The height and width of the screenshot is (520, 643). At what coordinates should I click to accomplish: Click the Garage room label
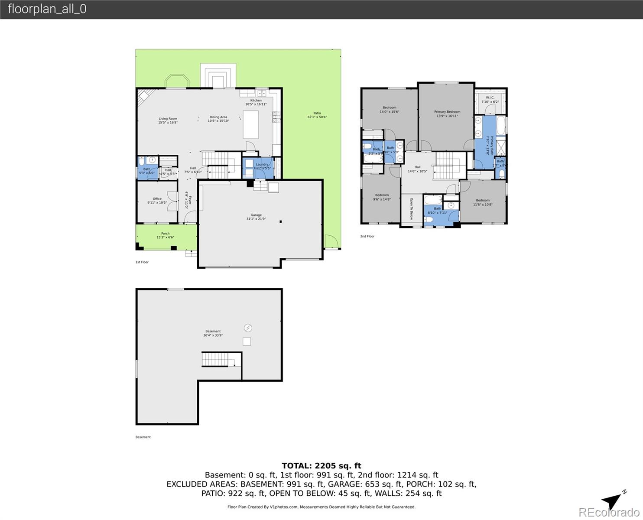(x=256, y=217)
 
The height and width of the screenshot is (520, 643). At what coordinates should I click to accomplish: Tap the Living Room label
(x=168, y=120)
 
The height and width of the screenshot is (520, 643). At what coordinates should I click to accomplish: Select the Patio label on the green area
(x=317, y=115)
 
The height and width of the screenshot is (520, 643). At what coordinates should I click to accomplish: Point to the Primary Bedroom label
(x=447, y=114)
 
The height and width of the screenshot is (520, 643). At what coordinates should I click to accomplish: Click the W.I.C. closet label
(x=490, y=99)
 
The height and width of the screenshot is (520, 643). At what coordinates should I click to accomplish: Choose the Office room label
(x=157, y=201)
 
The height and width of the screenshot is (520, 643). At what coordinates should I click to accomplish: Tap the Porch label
(x=165, y=235)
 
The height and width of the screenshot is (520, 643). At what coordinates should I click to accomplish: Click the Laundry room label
(x=262, y=166)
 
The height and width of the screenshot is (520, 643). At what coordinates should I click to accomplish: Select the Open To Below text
(x=411, y=209)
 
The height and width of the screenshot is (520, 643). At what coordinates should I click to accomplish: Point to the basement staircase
(x=215, y=359)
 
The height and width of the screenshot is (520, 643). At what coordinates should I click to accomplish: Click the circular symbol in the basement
(x=248, y=328)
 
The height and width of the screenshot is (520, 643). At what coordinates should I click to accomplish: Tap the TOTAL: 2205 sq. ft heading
(x=321, y=466)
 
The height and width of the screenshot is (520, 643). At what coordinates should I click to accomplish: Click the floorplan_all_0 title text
(x=47, y=9)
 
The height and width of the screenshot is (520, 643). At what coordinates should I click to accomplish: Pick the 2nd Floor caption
(x=367, y=236)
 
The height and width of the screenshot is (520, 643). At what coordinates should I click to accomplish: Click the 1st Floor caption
(x=142, y=262)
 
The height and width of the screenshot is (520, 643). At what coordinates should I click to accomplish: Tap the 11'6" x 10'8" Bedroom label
(x=483, y=202)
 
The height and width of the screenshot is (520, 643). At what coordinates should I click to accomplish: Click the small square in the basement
(x=247, y=341)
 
